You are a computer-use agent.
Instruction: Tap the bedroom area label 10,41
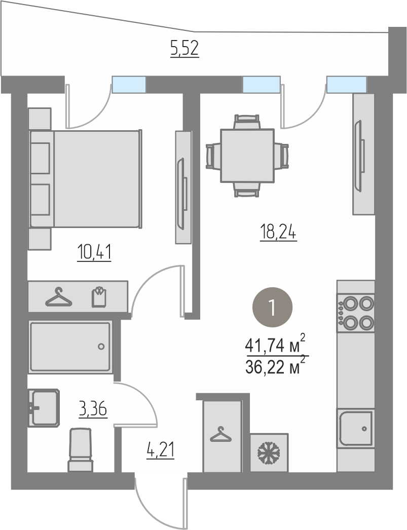[x=94, y=252]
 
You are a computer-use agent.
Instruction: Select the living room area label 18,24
[x=278, y=233]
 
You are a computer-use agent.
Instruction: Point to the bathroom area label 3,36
[x=93, y=409]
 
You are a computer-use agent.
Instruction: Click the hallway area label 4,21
[x=160, y=450]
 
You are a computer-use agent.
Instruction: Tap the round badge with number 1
[x=273, y=307]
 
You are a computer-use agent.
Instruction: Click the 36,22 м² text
[x=276, y=366]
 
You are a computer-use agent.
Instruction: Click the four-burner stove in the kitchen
[x=356, y=313]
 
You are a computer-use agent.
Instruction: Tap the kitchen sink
[x=356, y=428]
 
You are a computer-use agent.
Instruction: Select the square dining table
[x=247, y=156]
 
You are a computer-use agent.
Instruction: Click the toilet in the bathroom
[x=81, y=450]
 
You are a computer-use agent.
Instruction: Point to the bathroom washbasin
[x=44, y=408]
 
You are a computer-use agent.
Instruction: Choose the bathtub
[x=70, y=347]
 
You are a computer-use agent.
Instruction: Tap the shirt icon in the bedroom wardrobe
[x=99, y=297]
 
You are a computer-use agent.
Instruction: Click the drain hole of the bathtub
[x=101, y=347]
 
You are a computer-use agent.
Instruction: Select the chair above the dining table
[x=247, y=121]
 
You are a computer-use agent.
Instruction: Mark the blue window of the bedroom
[x=129, y=84]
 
